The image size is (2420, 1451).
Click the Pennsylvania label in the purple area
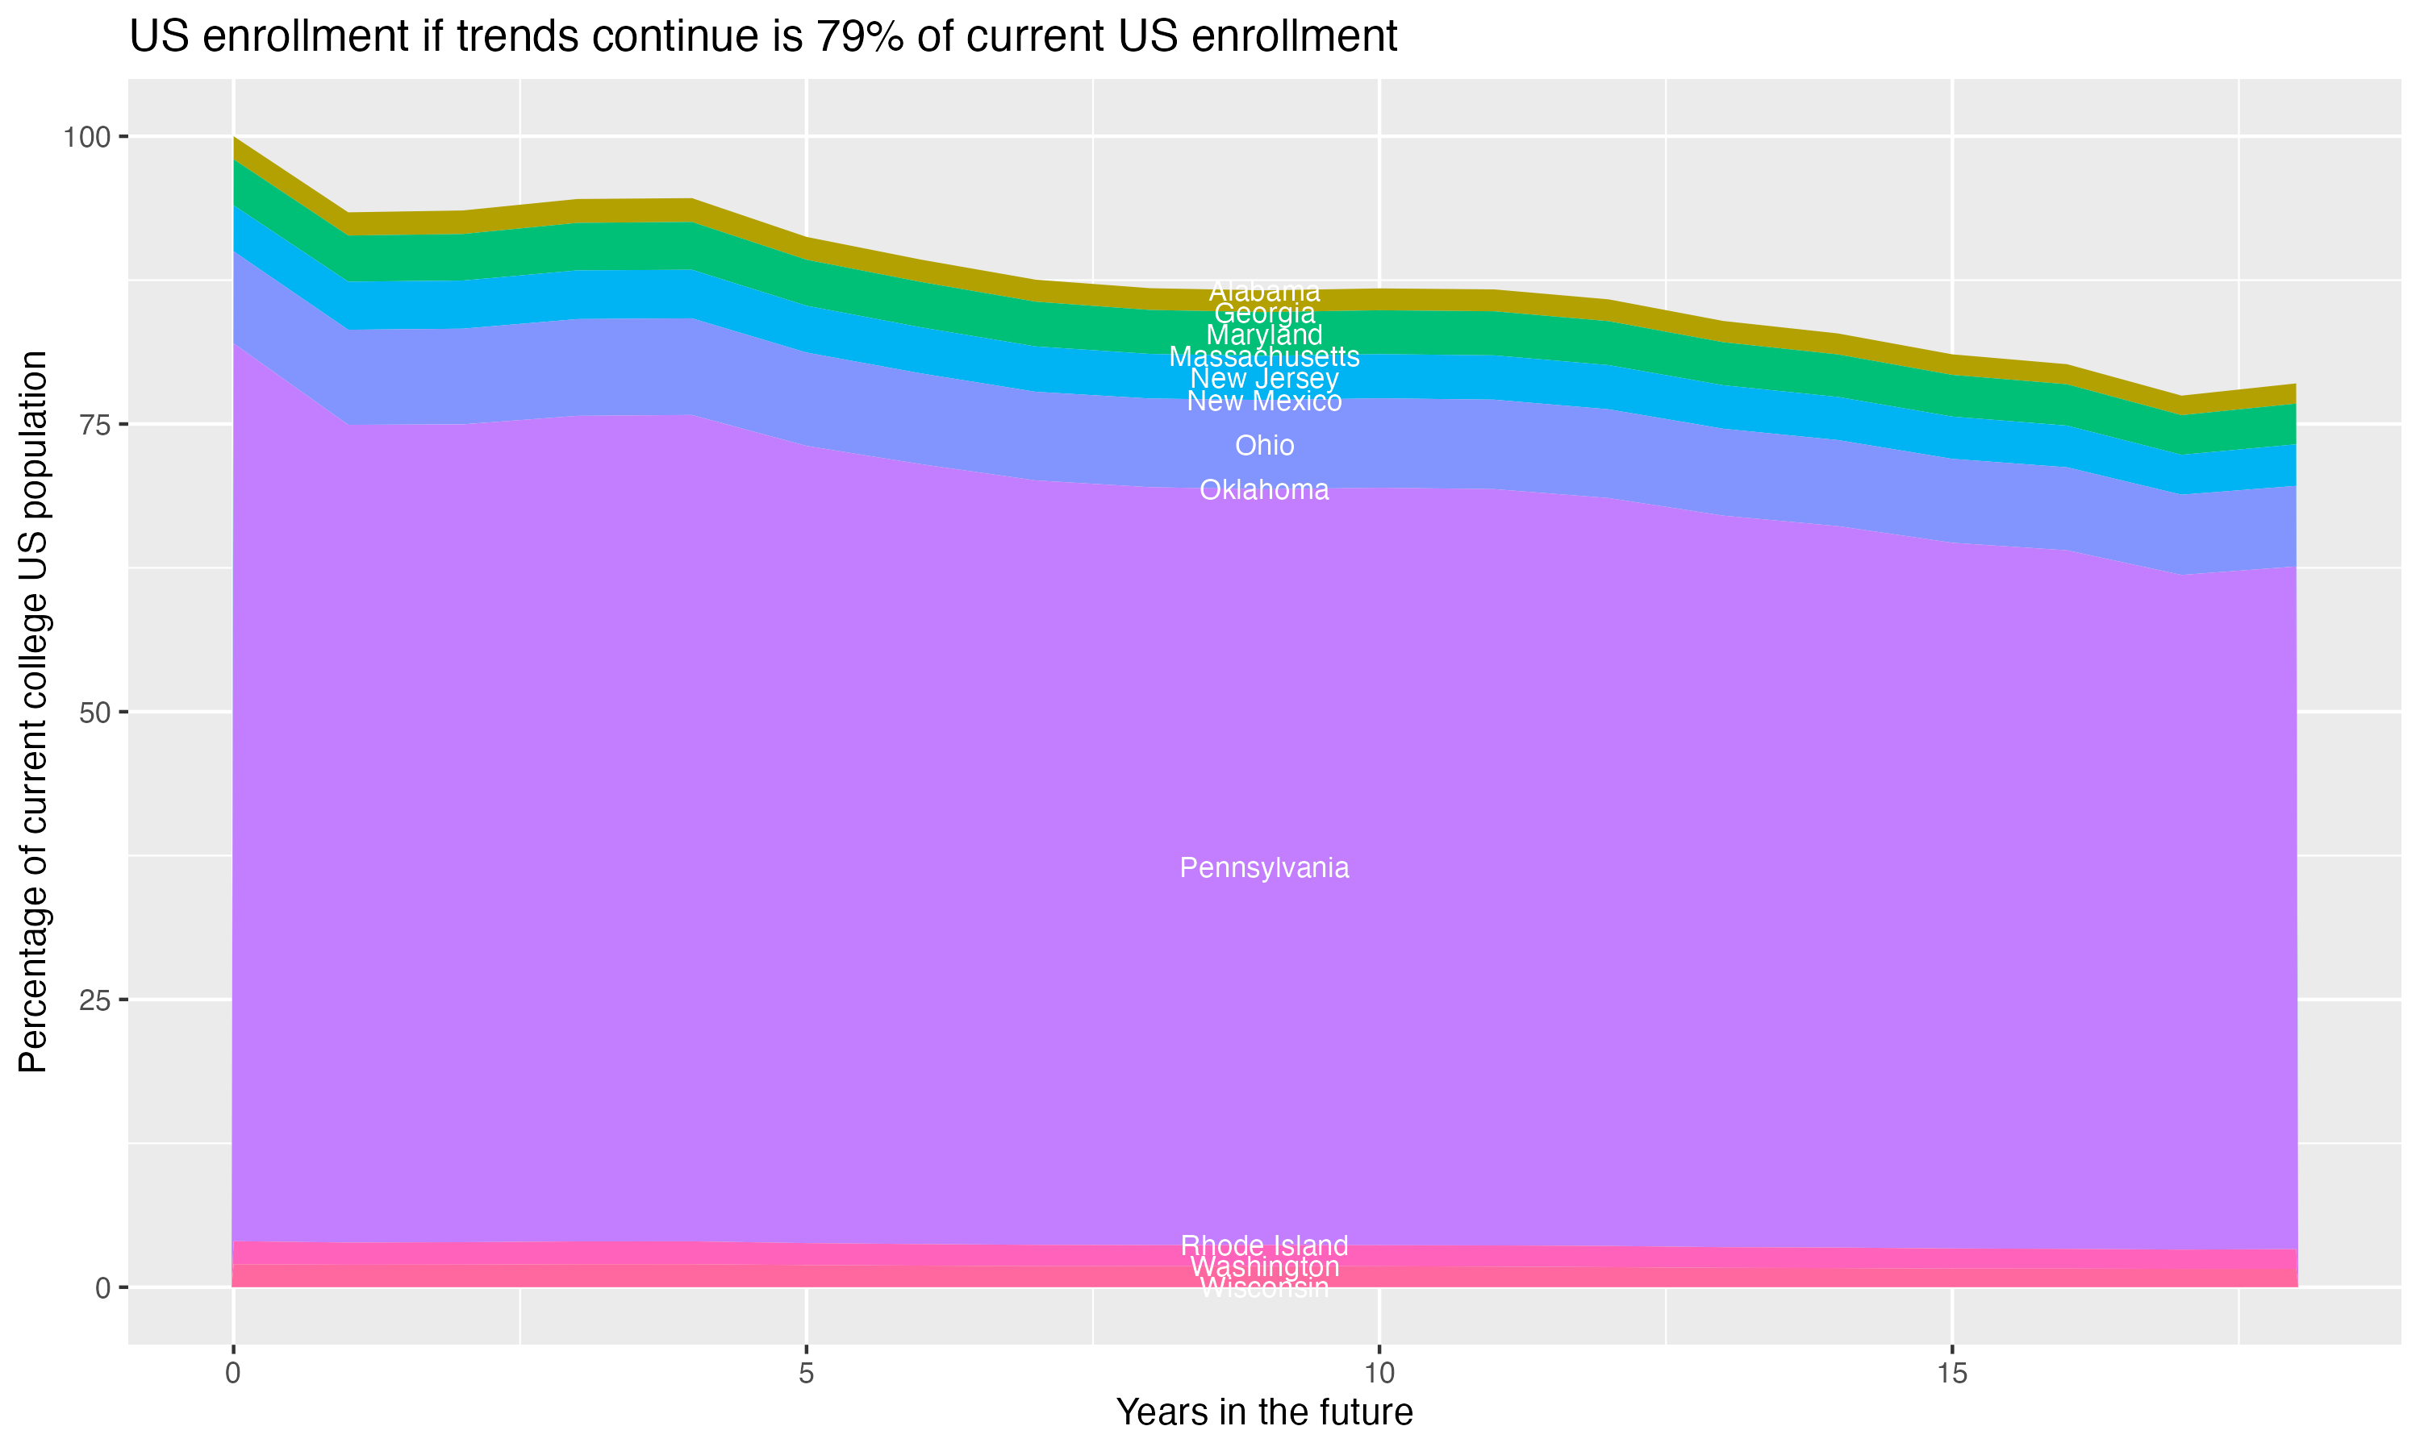click(x=1264, y=868)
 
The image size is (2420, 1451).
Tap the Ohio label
click(x=1264, y=446)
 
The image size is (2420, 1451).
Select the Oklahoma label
click(x=1264, y=490)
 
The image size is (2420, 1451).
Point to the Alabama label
click(x=1264, y=291)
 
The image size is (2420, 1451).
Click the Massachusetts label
click(x=1264, y=357)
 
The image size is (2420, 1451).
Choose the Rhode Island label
click(x=1264, y=1245)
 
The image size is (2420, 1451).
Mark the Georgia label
click(x=1264, y=314)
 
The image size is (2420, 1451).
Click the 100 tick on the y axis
click(x=86, y=137)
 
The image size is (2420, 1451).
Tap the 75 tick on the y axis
click(x=93, y=424)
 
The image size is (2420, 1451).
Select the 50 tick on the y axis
click(x=93, y=713)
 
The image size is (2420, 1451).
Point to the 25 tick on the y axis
click(x=93, y=1000)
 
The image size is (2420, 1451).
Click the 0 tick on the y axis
click(x=102, y=1287)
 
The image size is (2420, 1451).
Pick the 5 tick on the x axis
click(x=806, y=1374)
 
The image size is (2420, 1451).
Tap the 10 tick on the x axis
click(x=1379, y=1374)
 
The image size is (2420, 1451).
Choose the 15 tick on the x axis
click(x=1951, y=1374)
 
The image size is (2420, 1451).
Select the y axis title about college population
click(x=33, y=712)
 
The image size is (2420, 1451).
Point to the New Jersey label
click(x=1264, y=378)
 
